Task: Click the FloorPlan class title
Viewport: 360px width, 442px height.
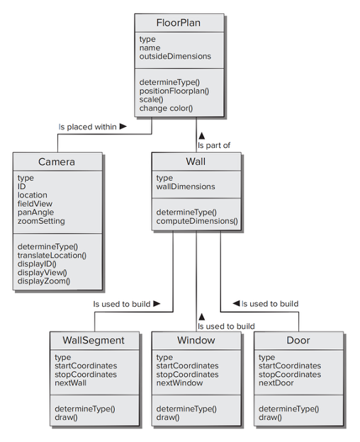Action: coord(178,23)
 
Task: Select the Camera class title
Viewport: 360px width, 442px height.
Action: coord(57,161)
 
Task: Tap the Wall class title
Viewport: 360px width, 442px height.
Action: coord(196,161)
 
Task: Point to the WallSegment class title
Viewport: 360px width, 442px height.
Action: coord(94,341)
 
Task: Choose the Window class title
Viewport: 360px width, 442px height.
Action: coord(196,340)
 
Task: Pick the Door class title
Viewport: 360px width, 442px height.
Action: coord(298,340)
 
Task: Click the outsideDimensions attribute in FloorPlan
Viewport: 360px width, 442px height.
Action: coord(175,57)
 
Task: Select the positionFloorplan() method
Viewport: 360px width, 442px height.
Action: coord(174,91)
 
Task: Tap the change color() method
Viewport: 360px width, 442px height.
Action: coord(166,108)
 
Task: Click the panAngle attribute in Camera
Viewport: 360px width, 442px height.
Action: coord(35,212)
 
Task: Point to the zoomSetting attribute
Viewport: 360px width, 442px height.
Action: coord(41,221)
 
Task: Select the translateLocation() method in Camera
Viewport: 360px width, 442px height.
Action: coord(52,256)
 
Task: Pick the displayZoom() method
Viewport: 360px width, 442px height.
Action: coord(44,281)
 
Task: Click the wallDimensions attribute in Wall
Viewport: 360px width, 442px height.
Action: coord(186,186)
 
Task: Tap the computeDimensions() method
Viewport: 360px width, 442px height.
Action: coord(197,221)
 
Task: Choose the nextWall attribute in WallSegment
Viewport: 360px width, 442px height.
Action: coord(70,383)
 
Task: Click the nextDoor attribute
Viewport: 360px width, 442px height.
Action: coord(276,383)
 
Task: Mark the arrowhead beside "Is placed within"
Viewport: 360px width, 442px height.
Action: coord(123,127)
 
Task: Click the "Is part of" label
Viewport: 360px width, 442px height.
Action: coord(214,145)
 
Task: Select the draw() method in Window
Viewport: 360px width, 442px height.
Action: coord(168,417)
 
